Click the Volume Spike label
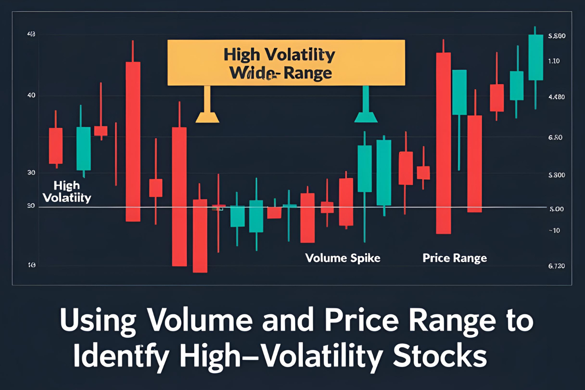point(343,258)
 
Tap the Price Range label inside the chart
point(455,258)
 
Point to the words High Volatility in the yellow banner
point(279,55)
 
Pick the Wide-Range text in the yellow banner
point(281,73)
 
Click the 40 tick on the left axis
point(31,95)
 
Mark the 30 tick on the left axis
point(31,173)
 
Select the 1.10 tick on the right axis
point(554,61)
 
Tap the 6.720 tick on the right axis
point(556,266)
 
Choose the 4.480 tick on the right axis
point(556,97)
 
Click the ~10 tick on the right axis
point(555,230)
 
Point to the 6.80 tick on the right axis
point(555,137)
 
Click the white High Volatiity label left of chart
point(67,192)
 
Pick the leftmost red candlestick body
point(56,146)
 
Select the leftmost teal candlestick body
point(83,149)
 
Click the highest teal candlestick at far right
point(536,57)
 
